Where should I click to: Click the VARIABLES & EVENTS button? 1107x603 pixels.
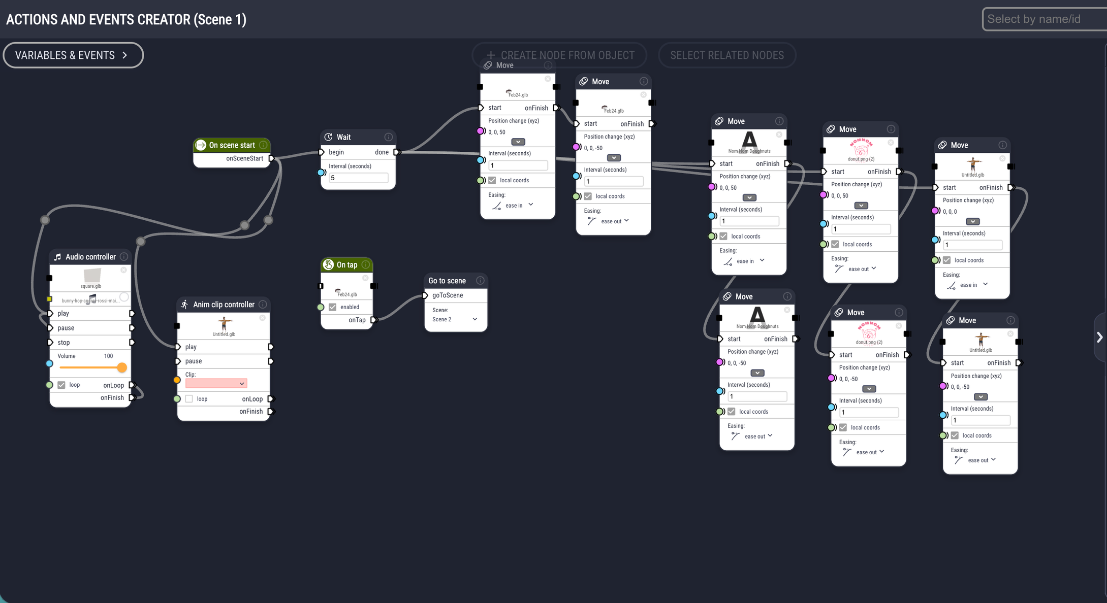(73, 55)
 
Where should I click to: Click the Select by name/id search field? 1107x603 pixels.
(1041, 19)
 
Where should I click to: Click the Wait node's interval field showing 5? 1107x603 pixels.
(358, 178)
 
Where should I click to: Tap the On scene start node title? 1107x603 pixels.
(232, 145)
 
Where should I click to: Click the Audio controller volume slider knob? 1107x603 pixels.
(122, 367)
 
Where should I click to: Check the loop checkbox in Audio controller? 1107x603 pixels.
(61, 385)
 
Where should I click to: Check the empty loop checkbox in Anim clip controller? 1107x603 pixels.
(189, 399)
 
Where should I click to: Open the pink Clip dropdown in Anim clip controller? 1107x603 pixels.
(216, 384)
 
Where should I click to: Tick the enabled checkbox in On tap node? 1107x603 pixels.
(333, 307)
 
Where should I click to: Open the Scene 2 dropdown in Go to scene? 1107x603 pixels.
(455, 319)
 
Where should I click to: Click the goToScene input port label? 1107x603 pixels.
(448, 295)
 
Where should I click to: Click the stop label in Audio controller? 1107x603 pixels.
(64, 343)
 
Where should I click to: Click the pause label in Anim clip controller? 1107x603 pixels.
(194, 361)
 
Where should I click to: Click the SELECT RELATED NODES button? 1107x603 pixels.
(726, 55)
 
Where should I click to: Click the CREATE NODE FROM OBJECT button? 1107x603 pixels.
(560, 55)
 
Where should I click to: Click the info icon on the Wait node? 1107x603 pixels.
(388, 137)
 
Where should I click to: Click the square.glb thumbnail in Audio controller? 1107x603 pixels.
(92, 276)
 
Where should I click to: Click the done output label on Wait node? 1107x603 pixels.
(382, 152)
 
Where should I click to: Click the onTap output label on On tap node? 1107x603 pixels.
(357, 320)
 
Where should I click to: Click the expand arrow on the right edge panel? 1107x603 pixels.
(1099, 338)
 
